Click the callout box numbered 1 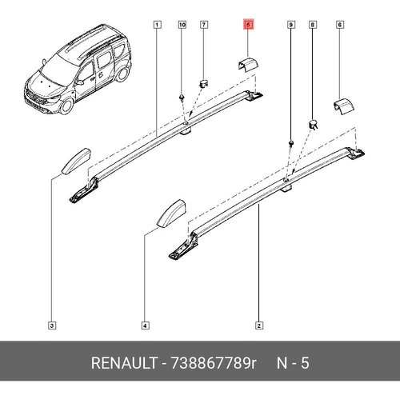[157, 25]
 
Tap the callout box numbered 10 [182, 25]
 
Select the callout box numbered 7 [204, 25]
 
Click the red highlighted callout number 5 [248, 25]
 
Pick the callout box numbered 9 [291, 25]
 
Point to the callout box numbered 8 [313, 25]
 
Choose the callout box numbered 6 [340, 25]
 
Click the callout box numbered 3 [52, 325]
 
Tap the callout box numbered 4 [145, 325]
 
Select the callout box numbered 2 [259, 325]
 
